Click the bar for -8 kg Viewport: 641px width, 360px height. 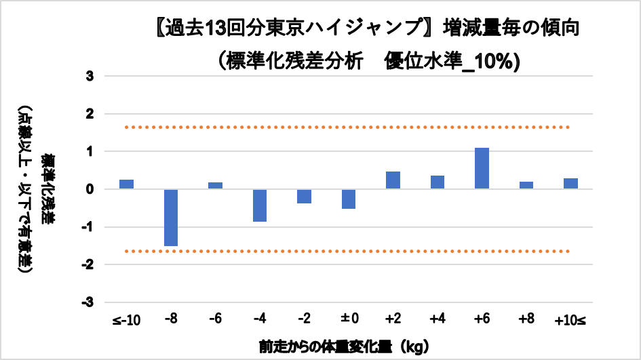tap(171, 218)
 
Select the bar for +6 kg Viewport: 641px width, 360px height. tap(482, 169)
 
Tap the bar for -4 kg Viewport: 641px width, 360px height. tap(260, 205)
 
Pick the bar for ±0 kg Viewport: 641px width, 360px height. tap(349, 199)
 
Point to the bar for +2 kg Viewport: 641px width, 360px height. tap(393, 180)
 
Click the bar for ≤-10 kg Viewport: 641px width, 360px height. tap(127, 184)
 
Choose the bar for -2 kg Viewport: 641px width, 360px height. tap(305, 197)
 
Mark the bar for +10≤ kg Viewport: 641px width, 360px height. tap(570, 184)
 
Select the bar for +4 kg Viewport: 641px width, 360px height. tap(438, 182)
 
